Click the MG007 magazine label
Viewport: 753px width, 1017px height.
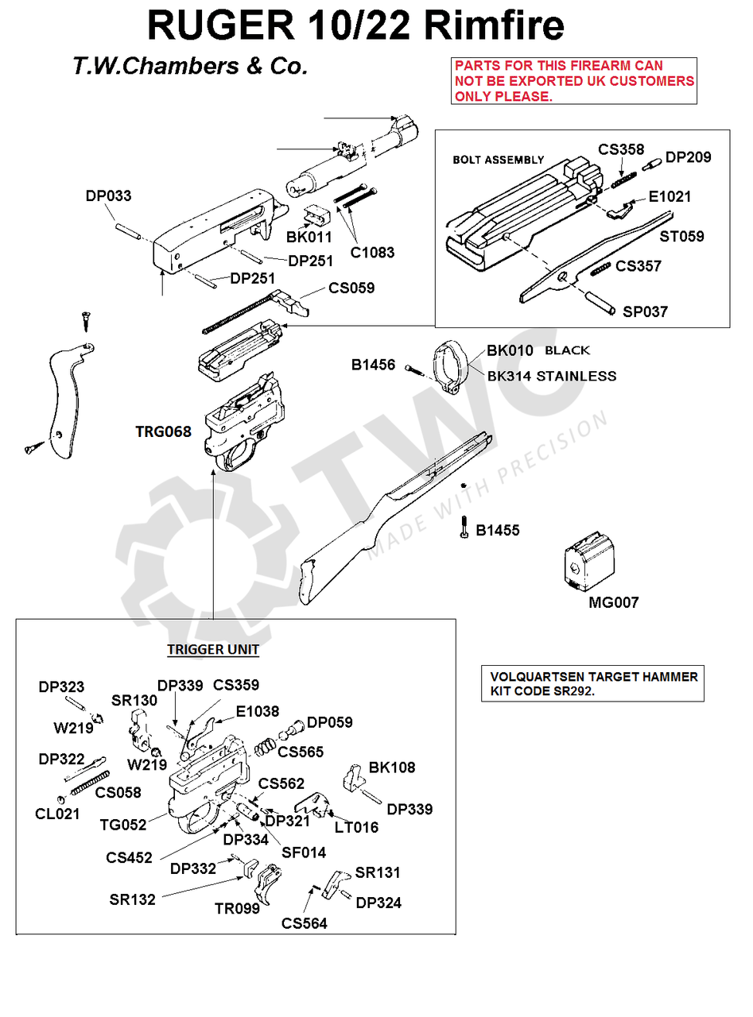(x=613, y=603)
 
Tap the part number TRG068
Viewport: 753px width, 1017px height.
(x=163, y=432)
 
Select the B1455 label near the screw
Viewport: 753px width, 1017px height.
(x=498, y=531)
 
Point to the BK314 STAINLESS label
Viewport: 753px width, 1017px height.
(x=551, y=376)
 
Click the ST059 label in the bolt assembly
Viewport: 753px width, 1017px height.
(x=682, y=237)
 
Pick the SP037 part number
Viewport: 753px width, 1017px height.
(x=645, y=312)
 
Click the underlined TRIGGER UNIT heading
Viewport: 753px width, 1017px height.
(x=212, y=650)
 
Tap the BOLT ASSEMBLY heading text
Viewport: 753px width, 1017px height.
(x=498, y=160)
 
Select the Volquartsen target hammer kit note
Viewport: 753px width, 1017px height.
(x=593, y=684)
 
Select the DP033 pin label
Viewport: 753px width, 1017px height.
(x=109, y=196)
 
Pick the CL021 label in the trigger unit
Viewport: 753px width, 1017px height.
(x=57, y=814)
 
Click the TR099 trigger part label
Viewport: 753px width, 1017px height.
(x=237, y=908)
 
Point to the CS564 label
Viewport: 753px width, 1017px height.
(x=304, y=923)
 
